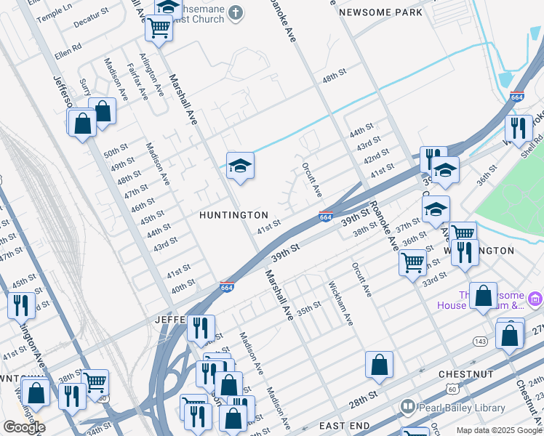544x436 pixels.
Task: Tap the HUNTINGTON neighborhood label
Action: pyautogui.click(x=234, y=215)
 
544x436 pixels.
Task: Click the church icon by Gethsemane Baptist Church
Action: pyautogui.click(x=235, y=12)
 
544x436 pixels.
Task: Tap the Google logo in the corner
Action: pyautogui.click(x=23, y=427)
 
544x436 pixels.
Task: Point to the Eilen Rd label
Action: pyautogui.click(x=68, y=51)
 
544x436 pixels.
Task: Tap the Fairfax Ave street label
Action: pyautogui.click(x=137, y=79)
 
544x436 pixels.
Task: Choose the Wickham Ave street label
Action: pyautogui.click(x=340, y=303)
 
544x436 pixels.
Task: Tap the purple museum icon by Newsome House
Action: pyautogui.click(x=535, y=299)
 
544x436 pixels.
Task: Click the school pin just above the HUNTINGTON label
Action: pyautogui.click(x=240, y=166)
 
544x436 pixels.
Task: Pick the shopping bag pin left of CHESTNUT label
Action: pyautogui.click(x=379, y=365)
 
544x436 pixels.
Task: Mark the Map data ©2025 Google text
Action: pyautogui.click(x=498, y=430)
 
